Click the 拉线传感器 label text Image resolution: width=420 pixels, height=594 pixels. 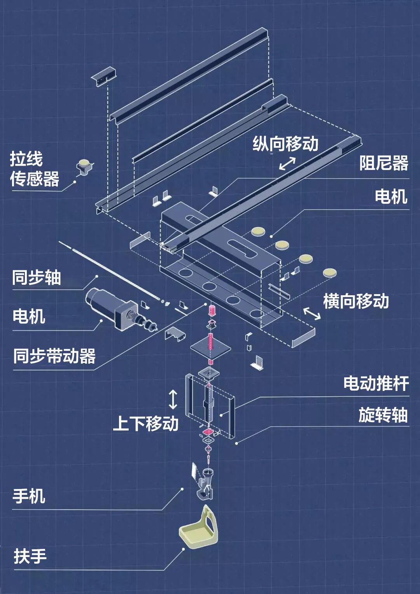click(x=34, y=169)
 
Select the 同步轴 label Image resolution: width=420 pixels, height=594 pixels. click(x=36, y=278)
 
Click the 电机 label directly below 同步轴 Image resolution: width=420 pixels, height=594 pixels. click(x=29, y=316)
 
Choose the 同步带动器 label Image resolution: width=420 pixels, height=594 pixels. click(x=54, y=356)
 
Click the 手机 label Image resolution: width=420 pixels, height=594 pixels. click(x=29, y=496)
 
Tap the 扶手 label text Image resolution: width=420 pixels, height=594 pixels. click(x=30, y=556)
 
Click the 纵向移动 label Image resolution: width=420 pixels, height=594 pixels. click(x=285, y=144)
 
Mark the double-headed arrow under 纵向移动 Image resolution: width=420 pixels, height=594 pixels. click(x=287, y=163)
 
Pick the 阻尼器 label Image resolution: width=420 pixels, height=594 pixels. click(x=383, y=163)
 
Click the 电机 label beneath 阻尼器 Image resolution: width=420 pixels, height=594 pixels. click(x=391, y=196)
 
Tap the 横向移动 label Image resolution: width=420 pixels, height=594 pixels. click(x=356, y=301)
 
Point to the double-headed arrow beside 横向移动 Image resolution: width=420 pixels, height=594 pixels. click(x=312, y=313)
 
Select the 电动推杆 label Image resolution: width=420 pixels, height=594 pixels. click(x=376, y=384)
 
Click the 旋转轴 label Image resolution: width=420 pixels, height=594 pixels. click(x=383, y=415)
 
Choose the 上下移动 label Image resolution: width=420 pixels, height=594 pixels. click(x=145, y=423)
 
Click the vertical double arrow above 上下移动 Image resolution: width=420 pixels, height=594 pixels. click(x=173, y=400)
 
